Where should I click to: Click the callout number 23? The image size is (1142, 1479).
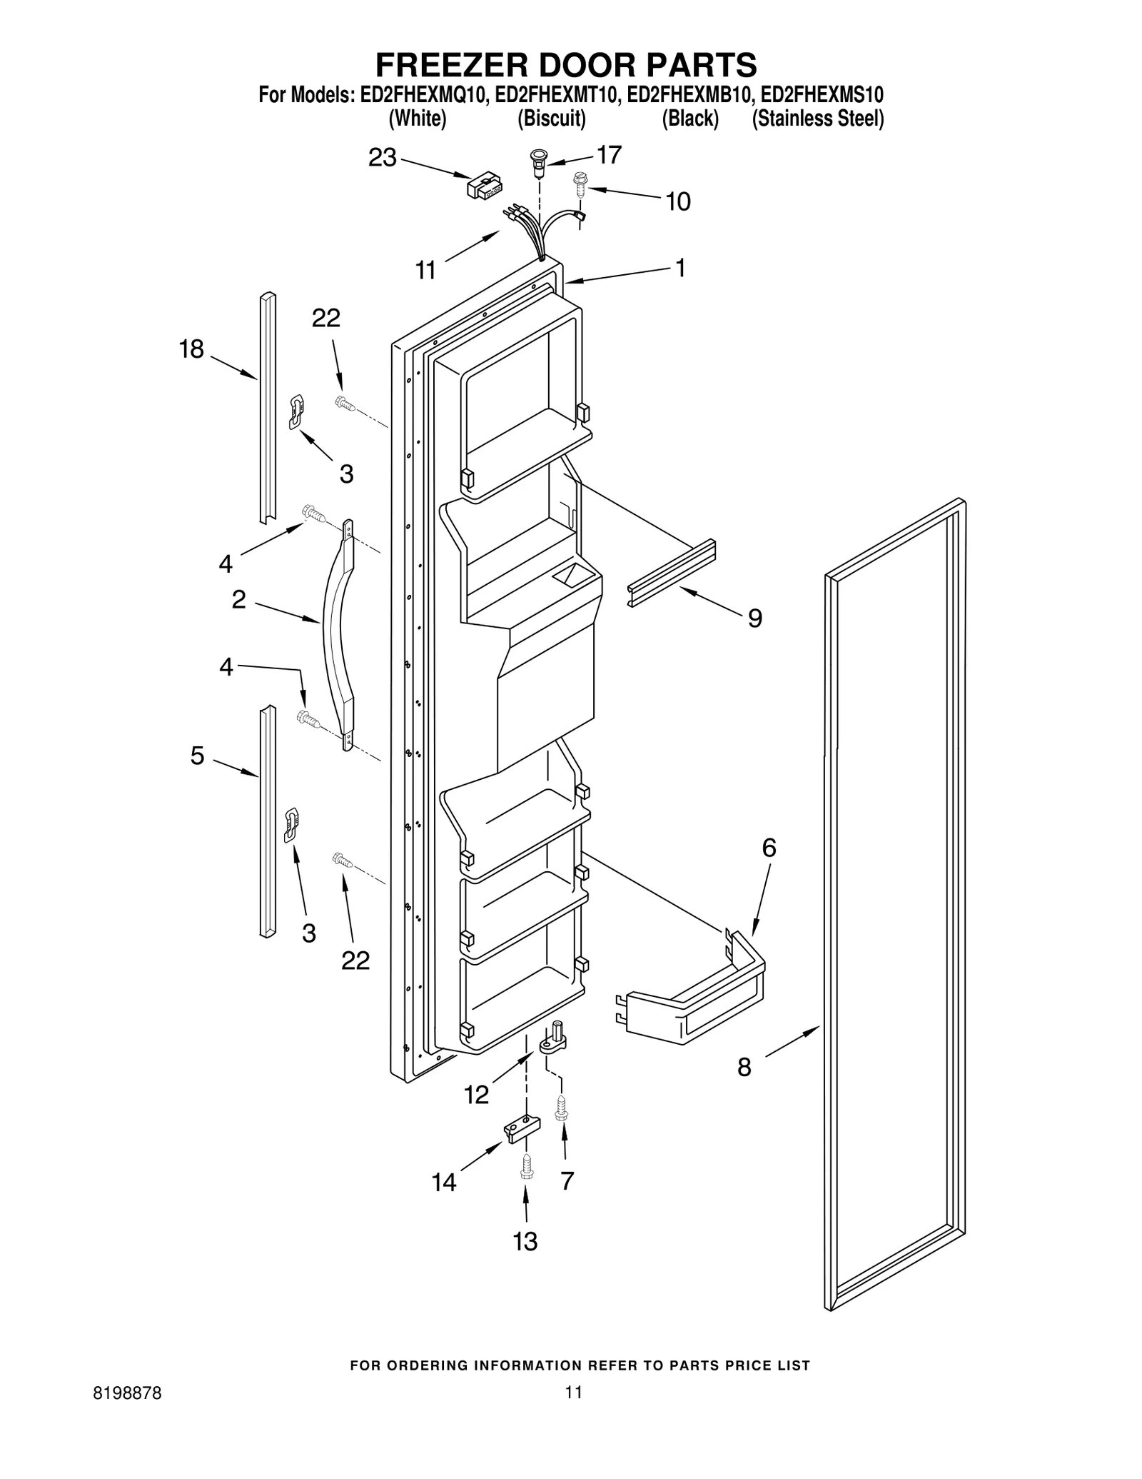click(382, 158)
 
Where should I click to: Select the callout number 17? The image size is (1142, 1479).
click(609, 154)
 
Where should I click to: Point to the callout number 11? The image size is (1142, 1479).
click(425, 271)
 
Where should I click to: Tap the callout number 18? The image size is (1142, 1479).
click(191, 349)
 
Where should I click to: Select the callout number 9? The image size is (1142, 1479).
click(754, 618)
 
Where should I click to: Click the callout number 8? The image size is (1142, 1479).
click(744, 1068)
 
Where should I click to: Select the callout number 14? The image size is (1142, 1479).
click(443, 1183)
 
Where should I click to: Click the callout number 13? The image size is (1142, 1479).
click(525, 1242)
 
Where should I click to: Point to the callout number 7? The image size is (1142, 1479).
click(567, 1181)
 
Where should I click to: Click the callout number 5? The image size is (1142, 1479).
click(197, 756)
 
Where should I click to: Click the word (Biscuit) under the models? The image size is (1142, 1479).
click(551, 119)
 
